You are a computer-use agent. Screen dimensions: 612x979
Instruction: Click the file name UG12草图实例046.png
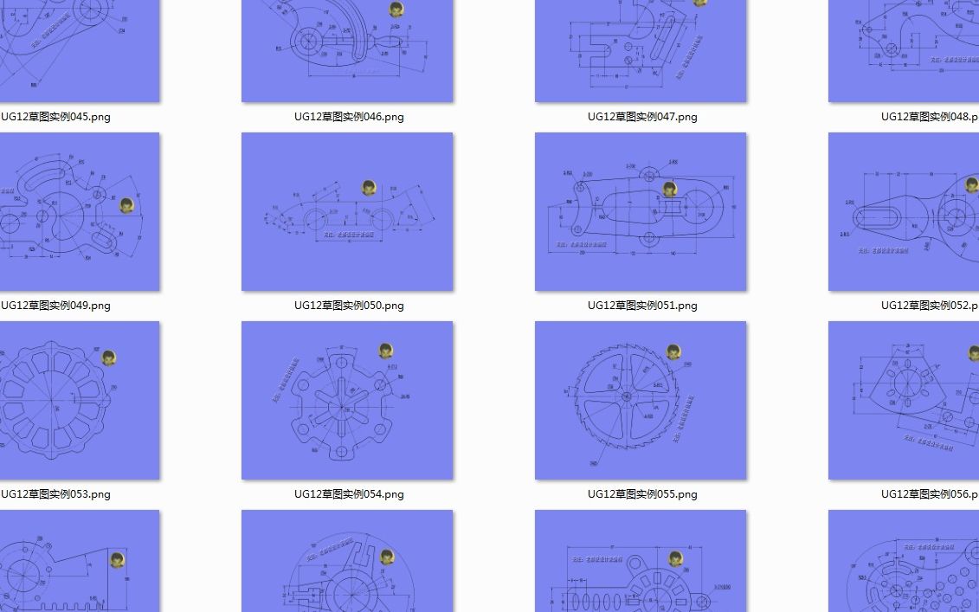pos(349,117)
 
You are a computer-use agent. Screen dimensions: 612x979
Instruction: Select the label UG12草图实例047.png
pos(642,117)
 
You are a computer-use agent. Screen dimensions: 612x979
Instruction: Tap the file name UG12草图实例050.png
pos(349,306)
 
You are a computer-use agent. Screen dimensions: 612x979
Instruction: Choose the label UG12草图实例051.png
pos(642,306)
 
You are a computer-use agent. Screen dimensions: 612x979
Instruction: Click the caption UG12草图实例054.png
pos(349,494)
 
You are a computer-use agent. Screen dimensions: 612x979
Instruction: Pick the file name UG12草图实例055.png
pos(642,494)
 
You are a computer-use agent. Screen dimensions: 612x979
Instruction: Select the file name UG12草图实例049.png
pos(55,306)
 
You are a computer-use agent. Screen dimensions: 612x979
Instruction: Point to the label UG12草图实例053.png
pos(55,494)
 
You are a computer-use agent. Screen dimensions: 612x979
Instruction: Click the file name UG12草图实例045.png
pos(55,117)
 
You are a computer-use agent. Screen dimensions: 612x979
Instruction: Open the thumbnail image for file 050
pos(347,212)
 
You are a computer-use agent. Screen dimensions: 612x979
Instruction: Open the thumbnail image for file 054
pos(347,401)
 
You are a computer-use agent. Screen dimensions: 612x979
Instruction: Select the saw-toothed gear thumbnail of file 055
pos(641,401)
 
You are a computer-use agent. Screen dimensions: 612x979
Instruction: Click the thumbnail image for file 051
pos(641,212)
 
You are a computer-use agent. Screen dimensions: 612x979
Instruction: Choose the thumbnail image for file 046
pos(347,51)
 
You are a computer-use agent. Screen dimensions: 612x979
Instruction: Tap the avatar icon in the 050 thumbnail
pos(369,188)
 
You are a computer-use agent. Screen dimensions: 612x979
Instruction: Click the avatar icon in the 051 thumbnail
pos(669,189)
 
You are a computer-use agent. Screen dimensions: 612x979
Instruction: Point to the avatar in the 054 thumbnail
pos(386,351)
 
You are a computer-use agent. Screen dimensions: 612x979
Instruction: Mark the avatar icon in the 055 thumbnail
pos(673,351)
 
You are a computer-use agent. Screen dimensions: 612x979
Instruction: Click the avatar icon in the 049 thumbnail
pos(126,205)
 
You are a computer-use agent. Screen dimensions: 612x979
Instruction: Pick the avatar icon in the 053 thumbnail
pos(109,358)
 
